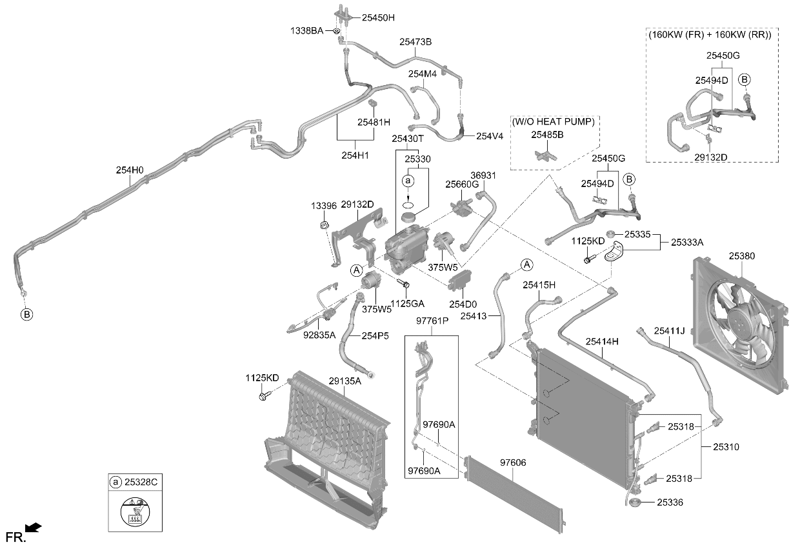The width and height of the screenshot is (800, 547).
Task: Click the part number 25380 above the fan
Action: coord(742,256)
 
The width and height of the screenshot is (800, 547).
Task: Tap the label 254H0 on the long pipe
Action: coord(129,170)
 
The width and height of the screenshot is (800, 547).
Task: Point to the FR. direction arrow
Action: coord(33,528)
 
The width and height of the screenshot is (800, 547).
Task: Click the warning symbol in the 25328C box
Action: coord(135,512)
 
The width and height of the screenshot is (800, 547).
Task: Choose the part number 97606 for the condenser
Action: coord(513,462)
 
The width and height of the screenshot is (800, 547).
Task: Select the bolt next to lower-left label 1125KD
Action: coord(265,395)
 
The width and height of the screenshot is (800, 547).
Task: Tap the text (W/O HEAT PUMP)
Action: coord(553,122)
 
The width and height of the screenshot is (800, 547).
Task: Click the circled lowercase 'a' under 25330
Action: coord(408,181)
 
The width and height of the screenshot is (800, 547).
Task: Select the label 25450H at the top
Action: coord(378,17)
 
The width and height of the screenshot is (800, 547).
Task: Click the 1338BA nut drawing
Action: coord(336,31)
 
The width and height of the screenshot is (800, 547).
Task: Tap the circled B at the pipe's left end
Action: coord(26,314)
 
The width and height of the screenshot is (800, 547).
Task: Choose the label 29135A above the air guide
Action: coord(345,381)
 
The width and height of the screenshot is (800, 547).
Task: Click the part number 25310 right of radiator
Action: coord(726,446)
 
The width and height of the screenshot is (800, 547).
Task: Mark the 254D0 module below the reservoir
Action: coord(459,279)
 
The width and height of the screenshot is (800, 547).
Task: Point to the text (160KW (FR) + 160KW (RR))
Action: coord(710,35)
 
